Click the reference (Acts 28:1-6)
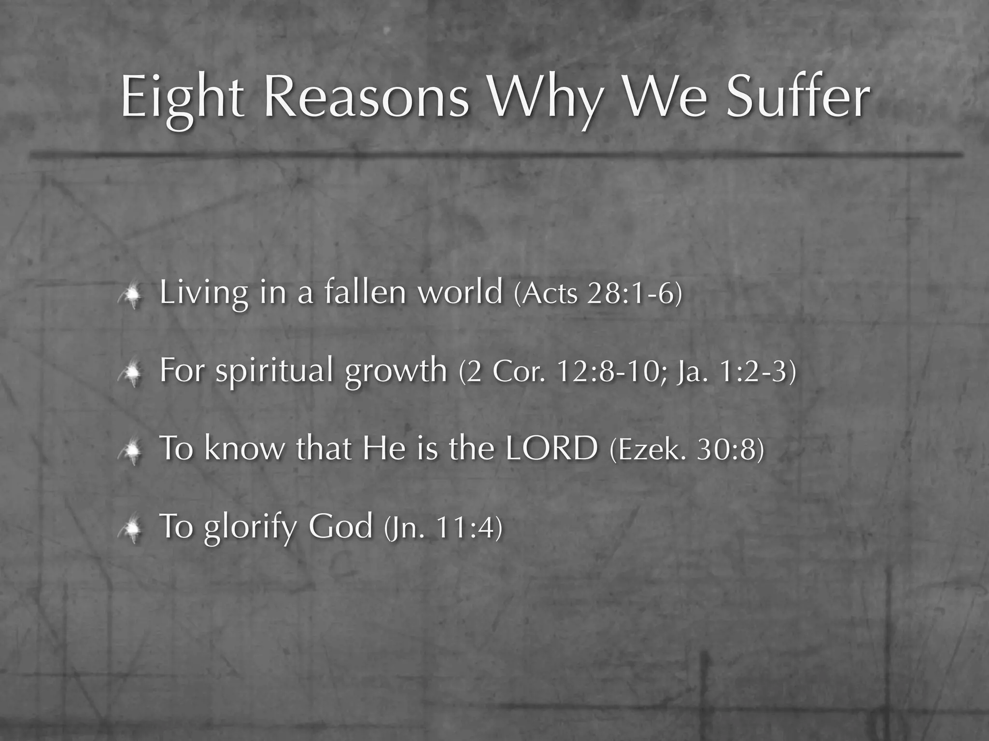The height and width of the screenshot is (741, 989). (598, 293)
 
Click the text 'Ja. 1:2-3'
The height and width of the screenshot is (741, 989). (734, 371)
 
